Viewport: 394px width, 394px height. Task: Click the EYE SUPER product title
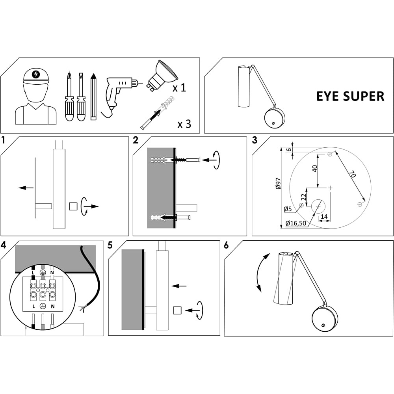pyautogui.click(x=350, y=96)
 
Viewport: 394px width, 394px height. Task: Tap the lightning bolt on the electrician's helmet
pyautogui.click(x=36, y=74)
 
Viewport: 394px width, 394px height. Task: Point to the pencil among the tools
pyautogui.click(x=93, y=97)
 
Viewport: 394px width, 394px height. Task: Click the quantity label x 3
pyautogui.click(x=184, y=124)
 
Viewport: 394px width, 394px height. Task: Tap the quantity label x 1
pyautogui.click(x=179, y=88)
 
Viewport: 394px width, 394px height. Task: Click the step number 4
pyautogui.click(x=3, y=245)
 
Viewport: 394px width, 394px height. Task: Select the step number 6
pyautogui.click(x=226, y=245)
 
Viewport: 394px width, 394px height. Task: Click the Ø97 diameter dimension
pyautogui.click(x=278, y=184)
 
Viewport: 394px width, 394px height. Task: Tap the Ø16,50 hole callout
pyautogui.click(x=296, y=223)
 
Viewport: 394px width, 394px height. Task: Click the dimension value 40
pyautogui.click(x=314, y=168)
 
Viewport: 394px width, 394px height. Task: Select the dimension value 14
pyautogui.click(x=324, y=217)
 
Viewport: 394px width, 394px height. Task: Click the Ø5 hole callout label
pyautogui.click(x=288, y=209)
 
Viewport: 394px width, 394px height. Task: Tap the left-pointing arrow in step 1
pyautogui.click(x=26, y=188)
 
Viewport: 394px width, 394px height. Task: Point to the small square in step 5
pyautogui.click(x=177, y=310)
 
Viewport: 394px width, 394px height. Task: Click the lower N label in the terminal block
pyautogui.click(x=53, y=306)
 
